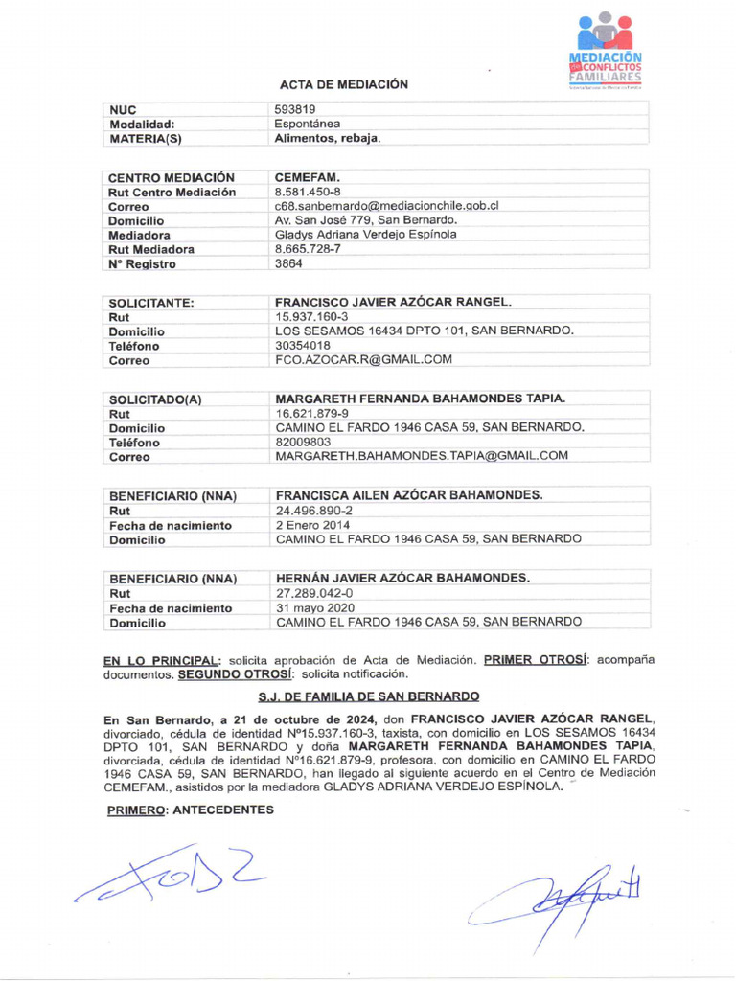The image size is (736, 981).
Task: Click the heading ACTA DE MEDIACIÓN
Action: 343,84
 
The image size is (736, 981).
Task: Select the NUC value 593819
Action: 295,110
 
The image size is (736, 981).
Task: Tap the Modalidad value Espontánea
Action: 308,124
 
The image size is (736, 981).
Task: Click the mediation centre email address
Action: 386,206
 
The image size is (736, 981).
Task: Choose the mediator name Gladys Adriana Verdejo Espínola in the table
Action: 365,235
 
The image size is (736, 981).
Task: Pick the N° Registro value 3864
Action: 288,263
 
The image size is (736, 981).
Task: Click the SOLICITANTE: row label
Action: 151,303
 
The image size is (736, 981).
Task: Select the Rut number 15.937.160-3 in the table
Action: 311,317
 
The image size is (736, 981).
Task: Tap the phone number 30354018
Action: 304,346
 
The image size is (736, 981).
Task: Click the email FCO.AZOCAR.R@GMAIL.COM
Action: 363,360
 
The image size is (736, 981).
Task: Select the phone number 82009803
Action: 304,443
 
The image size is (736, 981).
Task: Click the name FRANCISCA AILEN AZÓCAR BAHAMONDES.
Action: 409,495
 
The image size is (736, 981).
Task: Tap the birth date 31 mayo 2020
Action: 315,608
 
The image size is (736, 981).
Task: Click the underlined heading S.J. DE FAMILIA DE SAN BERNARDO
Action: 369,696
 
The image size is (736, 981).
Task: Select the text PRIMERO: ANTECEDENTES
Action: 190,810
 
